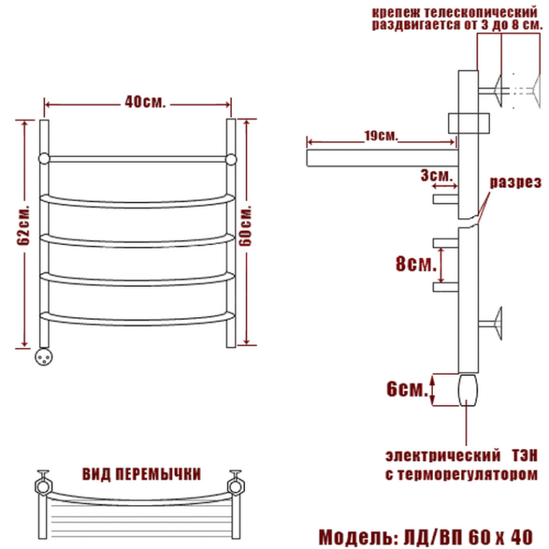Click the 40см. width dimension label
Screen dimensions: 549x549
point(145,102)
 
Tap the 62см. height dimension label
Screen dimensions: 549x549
point(24,224)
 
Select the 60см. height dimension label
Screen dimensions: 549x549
point(246,226)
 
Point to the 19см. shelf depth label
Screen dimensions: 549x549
point(381,135)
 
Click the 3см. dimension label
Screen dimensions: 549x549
point(437,175)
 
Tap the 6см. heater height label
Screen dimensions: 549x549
point(407,388)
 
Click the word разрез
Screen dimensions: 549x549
point(515,182)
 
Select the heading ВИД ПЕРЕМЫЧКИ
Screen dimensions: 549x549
point(141,474)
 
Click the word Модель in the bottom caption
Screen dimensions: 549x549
point(356,537)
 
